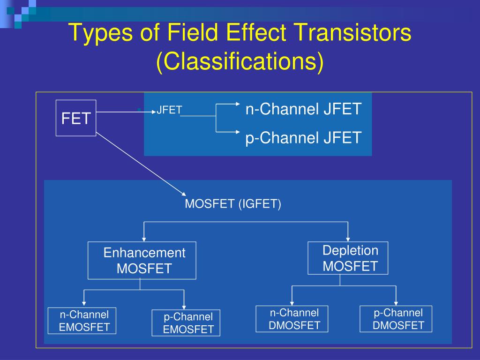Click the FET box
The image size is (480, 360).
pyautogui.click(x=76, y=118)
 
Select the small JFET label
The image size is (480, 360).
pyautogui.click(x=169, y=110)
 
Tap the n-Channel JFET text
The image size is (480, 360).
pyautogui.click(x=303, y=109)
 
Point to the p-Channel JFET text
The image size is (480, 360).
pyautogui.click(x=303, y=138)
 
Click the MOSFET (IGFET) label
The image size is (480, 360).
pyautogui.click(x=233, y=204)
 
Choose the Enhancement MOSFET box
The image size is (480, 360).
pyautogui.click(x=142, y=261)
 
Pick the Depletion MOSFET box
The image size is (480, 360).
pyautogui.click(x=348, y=258)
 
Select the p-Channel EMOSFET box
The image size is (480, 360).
pyautogui.click(x=186, y=323)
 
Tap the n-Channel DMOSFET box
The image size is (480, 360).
pyautogui.click(x=292, y=319)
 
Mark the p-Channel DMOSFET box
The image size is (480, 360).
pyautogui.click(x=396, y=319)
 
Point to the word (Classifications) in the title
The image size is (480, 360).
pyautogui.click(x=240, y=62)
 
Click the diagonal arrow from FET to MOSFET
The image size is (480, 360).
pyautogui.click(x=141, y=164)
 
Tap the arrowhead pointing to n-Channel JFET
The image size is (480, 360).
pyautogui.click(x=235, y=104)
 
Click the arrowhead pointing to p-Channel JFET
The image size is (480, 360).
pyautogui.click(x=235, y=132)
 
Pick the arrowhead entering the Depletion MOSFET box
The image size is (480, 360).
pyautogui.click(x=347, y=238)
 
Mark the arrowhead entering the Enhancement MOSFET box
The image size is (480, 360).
pyautogui.click(x=143, y=238)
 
